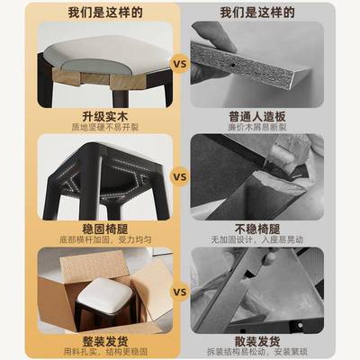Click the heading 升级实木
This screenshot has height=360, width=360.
pos(94,116)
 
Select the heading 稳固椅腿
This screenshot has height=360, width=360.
pos(94,228)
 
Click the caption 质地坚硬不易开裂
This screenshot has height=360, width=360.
pos(94,129)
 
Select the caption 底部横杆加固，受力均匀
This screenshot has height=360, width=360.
pos(94,240)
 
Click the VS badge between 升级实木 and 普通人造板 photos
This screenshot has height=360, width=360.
pos(179,65)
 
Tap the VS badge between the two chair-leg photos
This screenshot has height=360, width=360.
pos(179,177)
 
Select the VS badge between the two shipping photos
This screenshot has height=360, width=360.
pos(179,292)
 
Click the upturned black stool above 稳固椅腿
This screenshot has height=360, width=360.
pos(94,175)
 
